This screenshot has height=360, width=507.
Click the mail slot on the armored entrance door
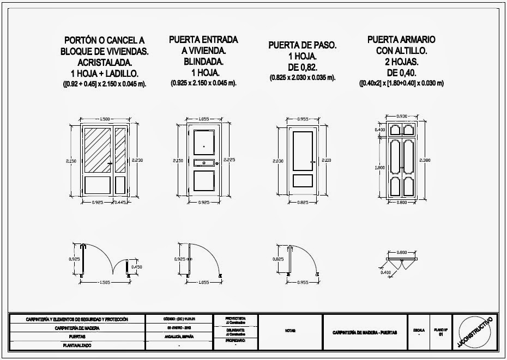203,162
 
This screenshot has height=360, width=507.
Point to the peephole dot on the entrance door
203,147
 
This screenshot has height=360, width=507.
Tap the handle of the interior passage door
312,161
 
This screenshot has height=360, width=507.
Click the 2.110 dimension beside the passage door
325,161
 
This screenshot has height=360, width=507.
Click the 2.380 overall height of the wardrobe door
426,160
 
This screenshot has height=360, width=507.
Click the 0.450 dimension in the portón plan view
136,267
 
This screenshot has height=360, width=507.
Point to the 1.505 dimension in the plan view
106,282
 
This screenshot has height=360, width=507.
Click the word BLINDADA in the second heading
203,62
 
